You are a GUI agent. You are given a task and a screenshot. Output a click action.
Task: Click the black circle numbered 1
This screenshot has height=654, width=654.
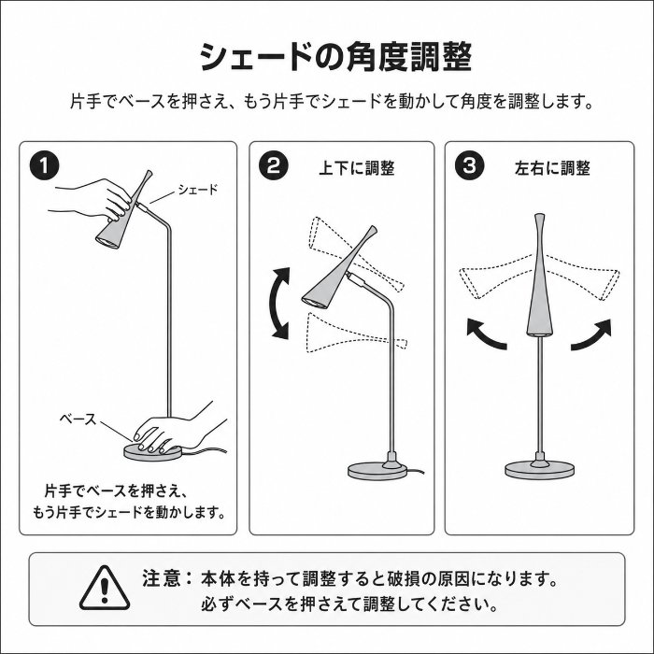pos(44,165)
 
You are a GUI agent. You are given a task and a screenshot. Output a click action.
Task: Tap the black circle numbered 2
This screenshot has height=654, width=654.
pos(273,165)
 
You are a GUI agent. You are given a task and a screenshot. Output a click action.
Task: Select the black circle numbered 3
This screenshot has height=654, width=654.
pos(469,165)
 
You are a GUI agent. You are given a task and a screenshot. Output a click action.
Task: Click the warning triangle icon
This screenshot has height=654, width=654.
pos(105,588)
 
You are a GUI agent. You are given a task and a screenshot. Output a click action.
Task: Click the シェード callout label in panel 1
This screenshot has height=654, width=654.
pos(198,190)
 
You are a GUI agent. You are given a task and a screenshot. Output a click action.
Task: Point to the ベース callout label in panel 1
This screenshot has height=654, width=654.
pos(78,419)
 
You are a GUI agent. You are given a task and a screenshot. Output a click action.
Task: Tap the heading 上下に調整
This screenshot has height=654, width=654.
pos(356,168)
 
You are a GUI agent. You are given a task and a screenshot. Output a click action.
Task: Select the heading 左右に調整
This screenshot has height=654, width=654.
pos(552,168)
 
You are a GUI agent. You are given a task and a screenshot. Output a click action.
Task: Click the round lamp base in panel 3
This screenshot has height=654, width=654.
pos(540,471)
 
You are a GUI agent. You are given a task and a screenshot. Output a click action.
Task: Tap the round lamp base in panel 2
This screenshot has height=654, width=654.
pos(377,471)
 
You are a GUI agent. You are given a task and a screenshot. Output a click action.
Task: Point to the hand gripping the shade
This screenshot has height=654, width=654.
pos(93,199)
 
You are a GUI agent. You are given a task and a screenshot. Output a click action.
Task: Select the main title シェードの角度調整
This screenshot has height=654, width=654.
pos(336,56)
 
